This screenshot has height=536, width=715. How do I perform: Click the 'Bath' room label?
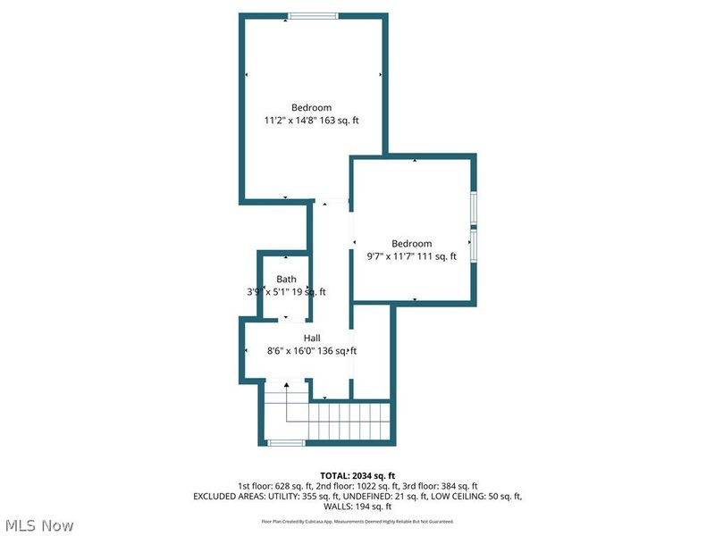click(x=286, y=279)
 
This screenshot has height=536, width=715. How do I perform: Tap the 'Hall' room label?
click(x=312, y=338)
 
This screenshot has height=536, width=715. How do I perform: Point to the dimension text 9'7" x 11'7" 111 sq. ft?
click(x=412, y=256)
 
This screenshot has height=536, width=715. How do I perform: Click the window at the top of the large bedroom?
click(x=313, y=15)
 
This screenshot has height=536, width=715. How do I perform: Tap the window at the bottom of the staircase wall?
click(x=286, y=442)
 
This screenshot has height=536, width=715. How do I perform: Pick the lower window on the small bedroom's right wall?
click(x=475, y=243)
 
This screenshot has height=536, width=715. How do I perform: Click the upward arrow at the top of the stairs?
click(x=286, y=385)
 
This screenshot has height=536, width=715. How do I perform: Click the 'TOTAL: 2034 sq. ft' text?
click(x=357, y=475)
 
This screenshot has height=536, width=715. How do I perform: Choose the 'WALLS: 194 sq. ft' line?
click(x=357, y=507)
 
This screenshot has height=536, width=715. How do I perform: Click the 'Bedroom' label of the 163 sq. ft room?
click(x=311, y=107)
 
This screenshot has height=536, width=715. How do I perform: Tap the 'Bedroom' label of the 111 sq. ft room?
click(x=412, y=243)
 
